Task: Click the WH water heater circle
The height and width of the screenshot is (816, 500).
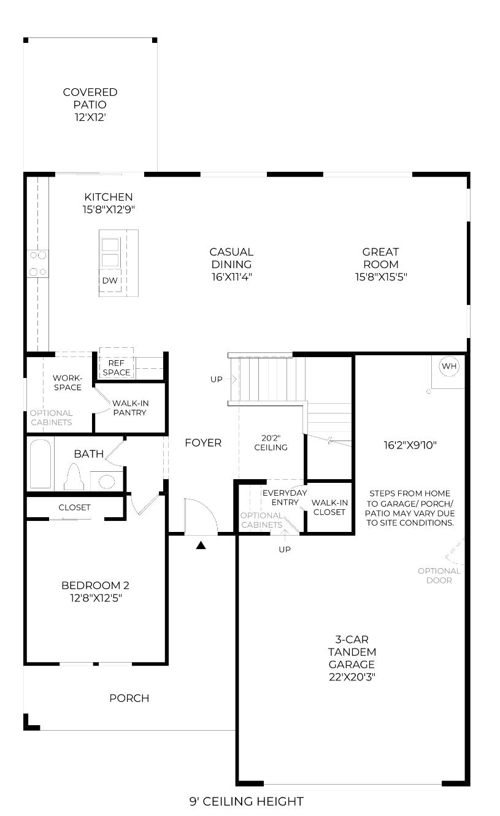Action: point(449,366)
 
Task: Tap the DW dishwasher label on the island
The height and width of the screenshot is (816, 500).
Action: point(110,280)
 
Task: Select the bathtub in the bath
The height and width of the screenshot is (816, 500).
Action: point(40,463)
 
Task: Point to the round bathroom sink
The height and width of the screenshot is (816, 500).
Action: point(107,482)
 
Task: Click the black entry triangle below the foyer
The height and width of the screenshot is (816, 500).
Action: point(201,545)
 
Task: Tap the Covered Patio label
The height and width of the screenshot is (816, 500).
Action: point(90,98)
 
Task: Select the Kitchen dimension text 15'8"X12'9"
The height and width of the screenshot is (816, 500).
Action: point(109,209)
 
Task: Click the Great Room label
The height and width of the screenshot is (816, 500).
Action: point(381,258)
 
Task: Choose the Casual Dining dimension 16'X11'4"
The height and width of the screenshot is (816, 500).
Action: point(232,277)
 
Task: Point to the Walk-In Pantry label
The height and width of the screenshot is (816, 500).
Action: point(130,407)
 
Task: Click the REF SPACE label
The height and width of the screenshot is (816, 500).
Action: point(117,368)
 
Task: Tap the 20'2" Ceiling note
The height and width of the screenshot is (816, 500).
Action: point(271,442)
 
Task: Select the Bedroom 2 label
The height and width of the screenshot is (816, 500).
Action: point(96,585)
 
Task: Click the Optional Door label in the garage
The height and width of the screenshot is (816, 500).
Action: point(439,575)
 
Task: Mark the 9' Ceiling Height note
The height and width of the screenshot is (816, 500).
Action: point(247,801)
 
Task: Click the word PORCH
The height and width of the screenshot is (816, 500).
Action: point(129,698)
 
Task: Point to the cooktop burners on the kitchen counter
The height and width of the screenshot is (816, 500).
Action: point(38,263)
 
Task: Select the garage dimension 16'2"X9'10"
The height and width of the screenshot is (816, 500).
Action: point(410,445)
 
